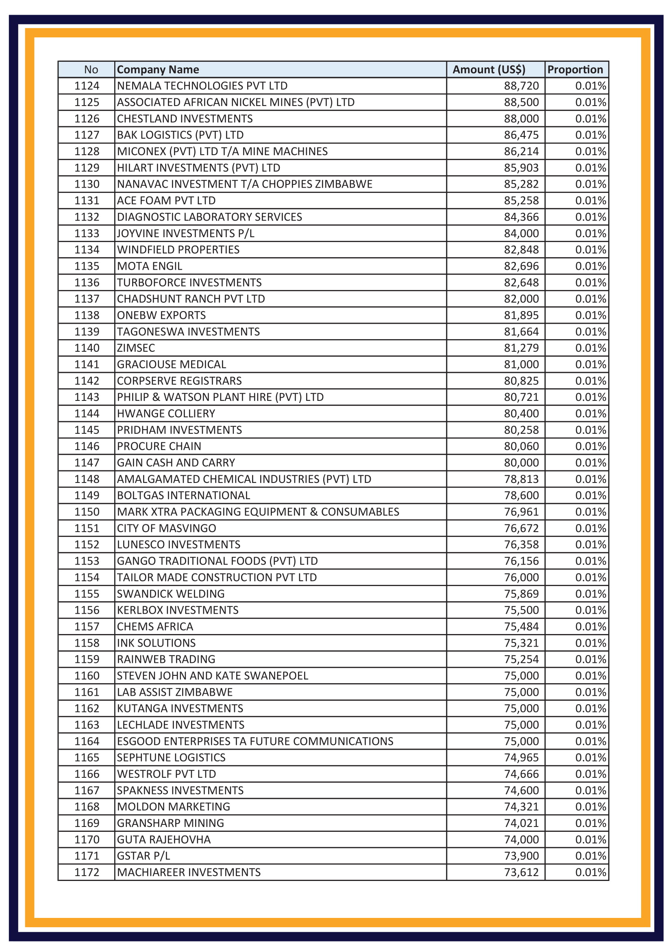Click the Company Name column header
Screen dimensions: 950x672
(x=158, y=69)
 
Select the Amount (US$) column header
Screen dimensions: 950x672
(x=489, y=69)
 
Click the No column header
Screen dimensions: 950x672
(x=91, y=69)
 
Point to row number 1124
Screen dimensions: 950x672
(x=87, y=86)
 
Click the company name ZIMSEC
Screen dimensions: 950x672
(x=136, y=348)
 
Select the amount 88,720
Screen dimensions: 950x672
(x=521, y=86)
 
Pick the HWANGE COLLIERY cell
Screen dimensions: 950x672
(x=166, y=413)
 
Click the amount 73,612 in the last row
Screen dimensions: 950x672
(x=521, y=872)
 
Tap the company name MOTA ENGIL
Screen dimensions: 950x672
(x=150, y=266)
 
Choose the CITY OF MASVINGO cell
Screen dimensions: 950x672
(x=166, y=528)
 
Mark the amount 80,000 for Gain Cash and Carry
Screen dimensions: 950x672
(x=521, y=463)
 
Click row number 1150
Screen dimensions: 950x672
(x=87, y=512)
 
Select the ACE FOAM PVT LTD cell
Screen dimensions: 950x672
(x=166, y=201)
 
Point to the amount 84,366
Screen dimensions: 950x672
(x=521, y=217)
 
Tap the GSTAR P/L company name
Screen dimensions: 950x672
(x=143, y=856)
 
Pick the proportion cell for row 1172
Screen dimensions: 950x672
(x=590, y=872)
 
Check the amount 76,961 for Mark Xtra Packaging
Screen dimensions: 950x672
(x=521, y=512)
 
